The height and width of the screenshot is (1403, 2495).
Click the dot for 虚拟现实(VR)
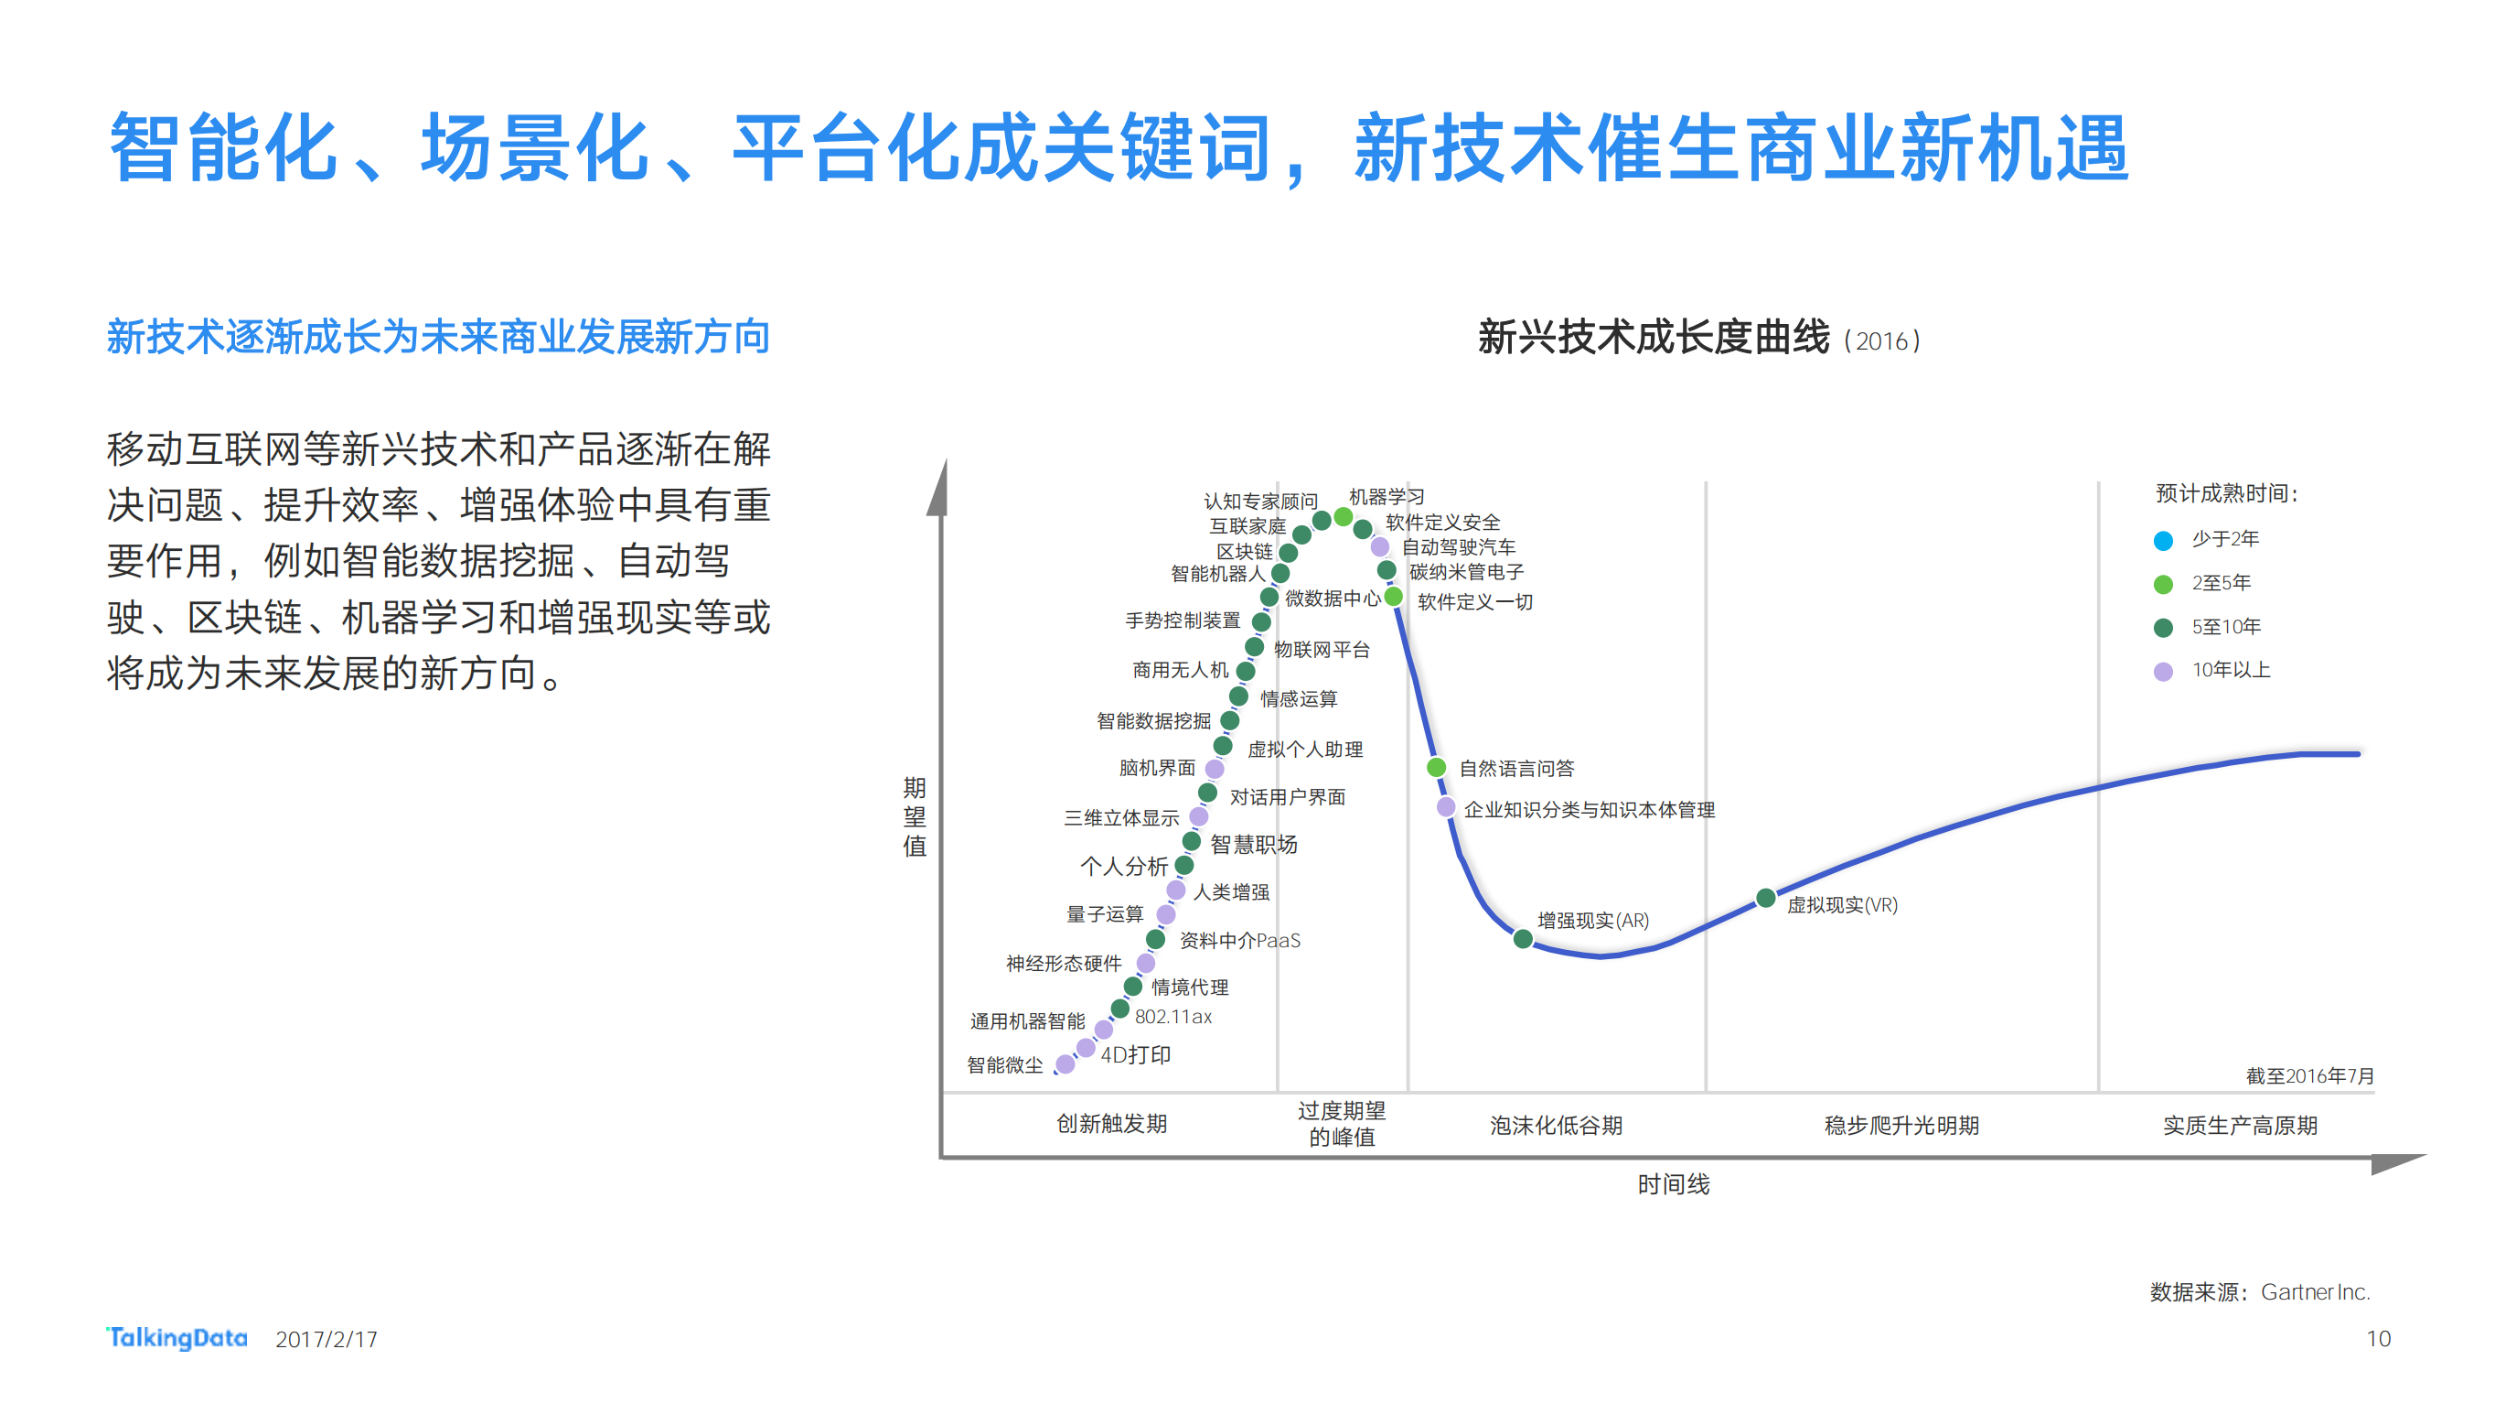[x=1765, y=898]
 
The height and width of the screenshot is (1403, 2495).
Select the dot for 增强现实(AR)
[x=1523, y=938]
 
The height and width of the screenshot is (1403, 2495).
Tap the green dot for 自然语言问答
[x=1437, y=767]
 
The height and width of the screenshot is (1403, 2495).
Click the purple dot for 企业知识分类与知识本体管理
[x=1445, y=807]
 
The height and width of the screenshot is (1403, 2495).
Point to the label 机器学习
[x=1386, y=497]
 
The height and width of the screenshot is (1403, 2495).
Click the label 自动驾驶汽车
[x=1458, y=547]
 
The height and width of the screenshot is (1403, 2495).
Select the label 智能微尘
[x=1004, y=1065]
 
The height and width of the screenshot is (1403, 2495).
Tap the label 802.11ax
[x=1173, y=1017]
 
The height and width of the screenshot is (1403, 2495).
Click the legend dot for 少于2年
[x=2163, y=541]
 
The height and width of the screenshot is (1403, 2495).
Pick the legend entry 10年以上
[x=2230, y=671]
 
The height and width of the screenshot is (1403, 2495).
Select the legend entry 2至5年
[x=2220, y=583]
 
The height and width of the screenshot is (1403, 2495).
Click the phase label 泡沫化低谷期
[x=1556, y=1125]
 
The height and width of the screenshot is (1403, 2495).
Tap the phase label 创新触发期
[x=1111, y=1124]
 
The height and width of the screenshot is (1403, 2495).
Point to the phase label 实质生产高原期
[x=2239, y=1125]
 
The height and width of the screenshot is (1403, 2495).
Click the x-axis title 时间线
[x=1673, y=1184]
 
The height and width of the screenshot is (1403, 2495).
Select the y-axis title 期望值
[x=915, y=815]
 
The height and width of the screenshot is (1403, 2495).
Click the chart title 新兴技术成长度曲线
[x=1653, y=338]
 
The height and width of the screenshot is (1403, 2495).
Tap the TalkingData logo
[x=177, y=1338]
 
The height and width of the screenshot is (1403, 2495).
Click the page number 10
[x=2378, y=1339]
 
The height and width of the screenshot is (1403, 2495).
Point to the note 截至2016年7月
[x=2309, y=1075]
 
